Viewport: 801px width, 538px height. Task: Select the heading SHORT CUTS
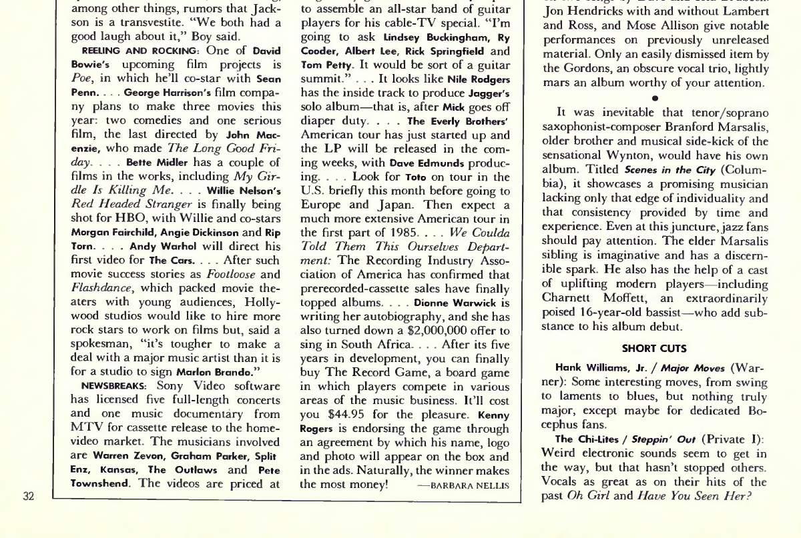653,348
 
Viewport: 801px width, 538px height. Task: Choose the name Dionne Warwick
451,302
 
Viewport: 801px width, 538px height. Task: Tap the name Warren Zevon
121,456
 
